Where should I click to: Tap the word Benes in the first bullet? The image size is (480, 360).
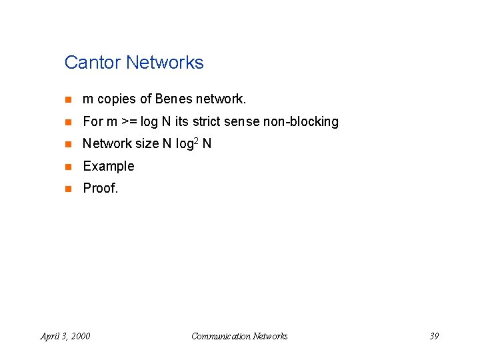point(173,99)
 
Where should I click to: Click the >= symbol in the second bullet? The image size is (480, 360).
point(129,122)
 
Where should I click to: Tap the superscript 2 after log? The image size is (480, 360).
point(197,141)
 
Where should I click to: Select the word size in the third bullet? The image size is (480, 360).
point(146,144)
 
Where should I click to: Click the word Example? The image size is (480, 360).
point(108,166)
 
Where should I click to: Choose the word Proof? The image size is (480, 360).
point(100,188)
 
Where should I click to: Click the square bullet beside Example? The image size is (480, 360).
point(67,167)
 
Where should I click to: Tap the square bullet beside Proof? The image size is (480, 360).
point(67,189)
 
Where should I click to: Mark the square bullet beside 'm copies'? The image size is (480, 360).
point(67,100)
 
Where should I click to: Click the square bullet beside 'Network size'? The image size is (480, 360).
point(67,145)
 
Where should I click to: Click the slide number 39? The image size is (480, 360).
point(433,336)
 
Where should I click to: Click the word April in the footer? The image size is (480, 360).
point(50,336)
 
